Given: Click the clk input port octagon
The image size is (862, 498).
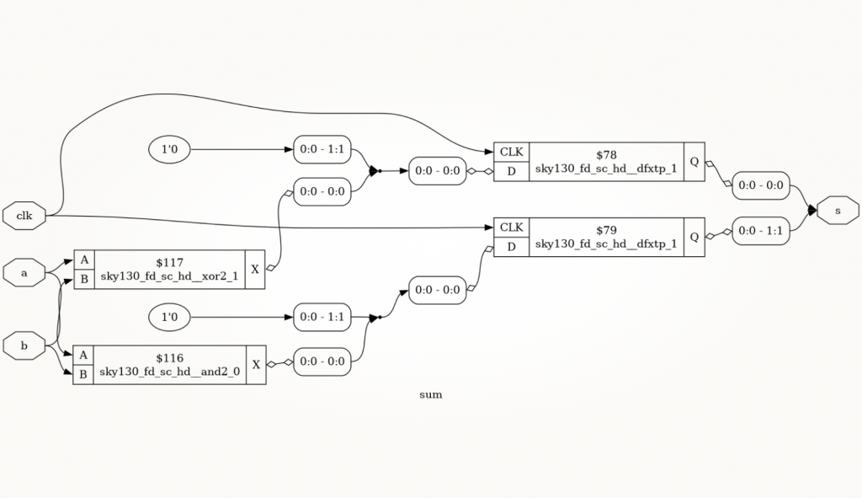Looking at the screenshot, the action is [24, 216].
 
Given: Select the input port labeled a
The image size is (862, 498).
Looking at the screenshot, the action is [24, 273].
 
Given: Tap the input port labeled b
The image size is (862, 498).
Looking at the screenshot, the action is [24, 345].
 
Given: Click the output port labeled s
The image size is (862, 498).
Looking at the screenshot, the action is [838, 211].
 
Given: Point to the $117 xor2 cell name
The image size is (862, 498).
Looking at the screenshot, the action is [169, 270].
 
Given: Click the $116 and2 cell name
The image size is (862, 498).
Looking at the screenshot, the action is [169, 365].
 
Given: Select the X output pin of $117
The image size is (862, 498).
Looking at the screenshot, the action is [255, 270].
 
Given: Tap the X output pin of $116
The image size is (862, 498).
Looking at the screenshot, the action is [256, 365].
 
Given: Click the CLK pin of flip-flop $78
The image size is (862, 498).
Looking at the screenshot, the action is [511, 152].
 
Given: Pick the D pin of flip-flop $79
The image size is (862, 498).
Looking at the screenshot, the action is [511, 247].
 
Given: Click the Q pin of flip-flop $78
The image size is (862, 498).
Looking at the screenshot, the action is [694, 162].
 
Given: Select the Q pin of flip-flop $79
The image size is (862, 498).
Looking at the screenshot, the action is [694, 237].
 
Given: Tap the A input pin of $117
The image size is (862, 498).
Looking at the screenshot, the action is [84, 260].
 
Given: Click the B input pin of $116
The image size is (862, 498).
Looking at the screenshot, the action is [83, 375].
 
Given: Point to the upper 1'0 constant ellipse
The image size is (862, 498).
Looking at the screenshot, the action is [169, 150].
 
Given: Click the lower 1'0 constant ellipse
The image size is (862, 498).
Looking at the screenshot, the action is [169, 318].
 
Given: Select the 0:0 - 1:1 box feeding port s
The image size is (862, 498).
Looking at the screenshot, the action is [761, 231].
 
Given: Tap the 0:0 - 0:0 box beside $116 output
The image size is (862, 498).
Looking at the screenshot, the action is [322, 362].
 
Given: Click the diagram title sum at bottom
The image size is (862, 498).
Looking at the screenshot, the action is [431, 394].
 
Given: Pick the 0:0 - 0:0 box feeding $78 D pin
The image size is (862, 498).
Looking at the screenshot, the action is [438, 171].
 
